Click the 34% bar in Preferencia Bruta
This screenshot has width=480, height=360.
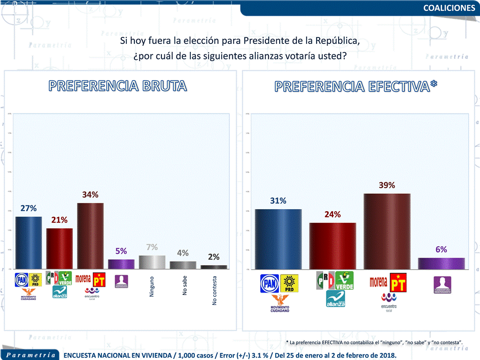pyautogui.click(x=90, y=236)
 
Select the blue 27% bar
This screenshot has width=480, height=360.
pyautogui.click(x=28, y=242)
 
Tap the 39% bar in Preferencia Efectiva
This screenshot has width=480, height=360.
pyautogui.click(x=387, y=231)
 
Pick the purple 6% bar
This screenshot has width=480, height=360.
pyautogui.click(x=441, y=263)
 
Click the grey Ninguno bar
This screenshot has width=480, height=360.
pyautogui.click(x=152, y=262)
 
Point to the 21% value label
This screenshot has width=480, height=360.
pyautogui.click(x=59, y=220)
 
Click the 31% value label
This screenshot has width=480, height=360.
pyautogui.click(x=278, y=201)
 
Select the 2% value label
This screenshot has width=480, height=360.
pyautogui.click(x=214, y=257)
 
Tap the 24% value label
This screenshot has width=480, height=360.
pyautogui.click(x=333, y=214)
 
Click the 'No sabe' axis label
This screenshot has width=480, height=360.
pyautogui.click(x=184, y=286)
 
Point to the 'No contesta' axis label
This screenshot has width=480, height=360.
pyautogui.click(x=214, y=290)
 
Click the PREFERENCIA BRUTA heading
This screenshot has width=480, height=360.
pyautogui.click(x=118, y=86)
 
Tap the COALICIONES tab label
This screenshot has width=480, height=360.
pyautogui.click(x=449, y=7)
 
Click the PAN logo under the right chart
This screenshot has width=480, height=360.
pyautogui.click(x=270, y=283)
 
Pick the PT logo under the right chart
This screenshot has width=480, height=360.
pyautogui.click(x=398, y=283)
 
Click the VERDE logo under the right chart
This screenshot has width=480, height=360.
pyautogui.click(x=344, y=281)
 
